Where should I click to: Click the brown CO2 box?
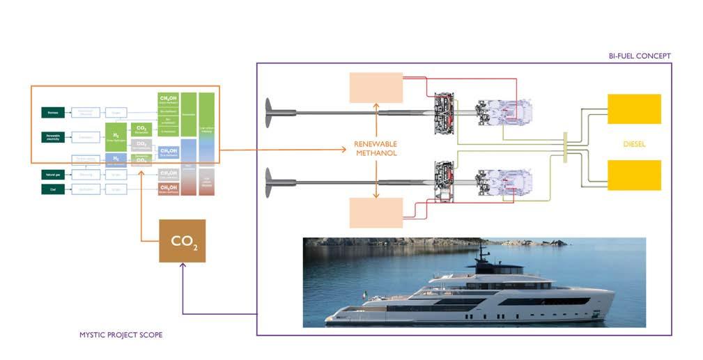click(182, 240)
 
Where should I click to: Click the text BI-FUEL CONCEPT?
click(639, 56)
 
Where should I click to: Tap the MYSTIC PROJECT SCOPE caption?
click(121, 335)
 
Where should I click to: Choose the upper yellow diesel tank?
click(634, 109)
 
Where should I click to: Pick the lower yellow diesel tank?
click(634, 175)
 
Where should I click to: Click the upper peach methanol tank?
click(376, 89)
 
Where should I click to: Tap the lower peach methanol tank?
click(376, 212)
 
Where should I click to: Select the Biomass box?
click(53, 112)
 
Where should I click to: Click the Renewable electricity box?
click(53, 136)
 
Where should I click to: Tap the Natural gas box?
click(53, 174)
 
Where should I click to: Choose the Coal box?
click(53, 189)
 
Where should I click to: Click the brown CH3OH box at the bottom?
click(167, 189)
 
